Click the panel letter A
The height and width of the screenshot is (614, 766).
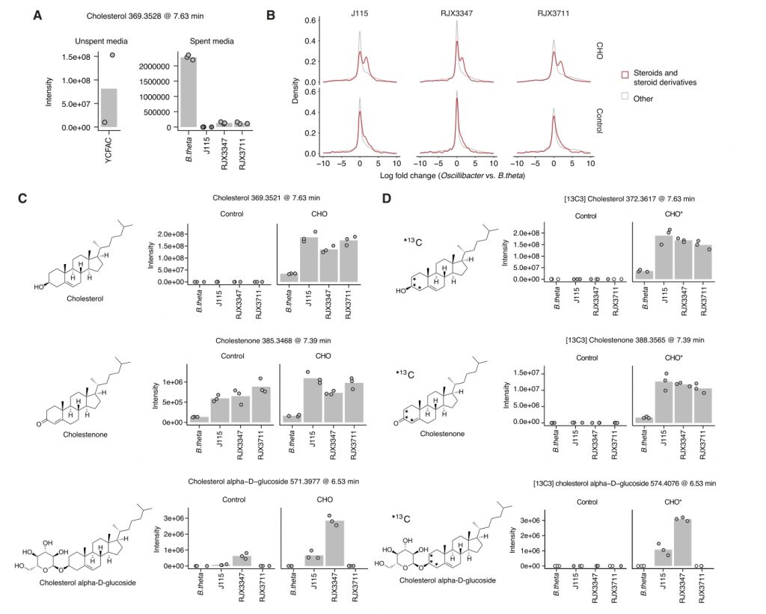[x=37, y=14]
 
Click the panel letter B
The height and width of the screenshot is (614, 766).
[x=271, y=14]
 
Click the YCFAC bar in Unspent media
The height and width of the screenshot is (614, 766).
[x=108, y=108]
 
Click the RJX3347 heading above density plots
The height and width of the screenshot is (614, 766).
[x=456, y=13]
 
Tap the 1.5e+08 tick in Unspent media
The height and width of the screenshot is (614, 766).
[x=79, y=57]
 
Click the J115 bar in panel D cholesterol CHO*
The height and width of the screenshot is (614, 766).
[x=661, y=257]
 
